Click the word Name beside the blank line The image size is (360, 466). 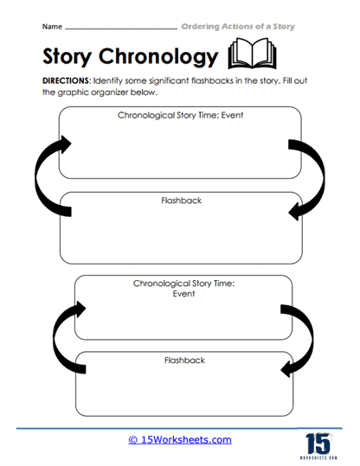pos(52,27)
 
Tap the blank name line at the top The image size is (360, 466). pos(121,29)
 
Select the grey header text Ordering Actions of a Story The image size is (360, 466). pos(238,27)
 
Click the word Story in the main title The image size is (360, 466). pos(67,56)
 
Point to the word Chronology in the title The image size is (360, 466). pos(158,56)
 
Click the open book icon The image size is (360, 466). pos(253,54)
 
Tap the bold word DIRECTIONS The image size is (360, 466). pos(67,81)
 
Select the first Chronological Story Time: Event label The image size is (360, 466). pos(180,115)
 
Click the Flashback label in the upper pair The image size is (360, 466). pos(181,201)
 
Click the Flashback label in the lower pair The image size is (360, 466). pos(184,361)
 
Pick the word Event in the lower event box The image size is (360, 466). pos(183,294)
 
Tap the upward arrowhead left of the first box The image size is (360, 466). pos(66,144)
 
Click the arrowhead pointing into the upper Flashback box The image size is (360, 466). pos(294,212)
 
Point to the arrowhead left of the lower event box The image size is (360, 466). pos(81,310)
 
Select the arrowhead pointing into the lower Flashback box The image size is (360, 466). pos(286,369)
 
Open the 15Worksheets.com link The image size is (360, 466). pos(180,439)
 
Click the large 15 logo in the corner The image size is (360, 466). pos(318,445)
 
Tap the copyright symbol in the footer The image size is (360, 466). pos(132,440)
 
